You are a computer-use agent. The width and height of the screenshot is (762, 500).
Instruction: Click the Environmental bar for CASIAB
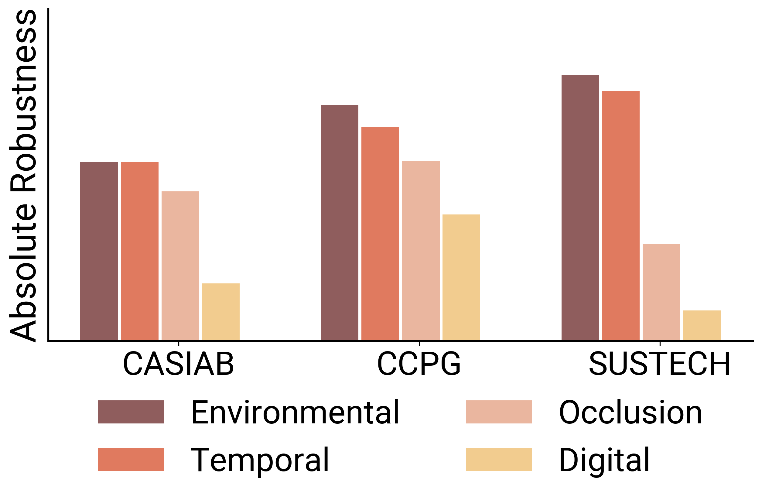tap(99, 251)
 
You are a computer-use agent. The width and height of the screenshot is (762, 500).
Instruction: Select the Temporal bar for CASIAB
tap(140, 251)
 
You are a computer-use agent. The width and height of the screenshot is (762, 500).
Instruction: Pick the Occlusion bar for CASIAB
tap(180, 265)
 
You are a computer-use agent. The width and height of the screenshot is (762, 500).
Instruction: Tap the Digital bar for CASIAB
tap(220, 312)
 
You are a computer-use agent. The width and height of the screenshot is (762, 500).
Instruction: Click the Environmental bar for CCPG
tap(339, 222)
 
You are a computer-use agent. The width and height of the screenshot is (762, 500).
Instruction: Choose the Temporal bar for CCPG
tap(380, 233)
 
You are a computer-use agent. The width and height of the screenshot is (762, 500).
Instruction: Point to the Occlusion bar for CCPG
tap(421, 250)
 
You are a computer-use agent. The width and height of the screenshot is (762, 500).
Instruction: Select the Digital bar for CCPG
tap(461, 277)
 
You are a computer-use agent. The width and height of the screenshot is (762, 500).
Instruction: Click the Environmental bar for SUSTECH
tap(580, 207)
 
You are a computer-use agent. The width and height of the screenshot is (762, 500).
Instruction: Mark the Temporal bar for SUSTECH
tap(620, 215)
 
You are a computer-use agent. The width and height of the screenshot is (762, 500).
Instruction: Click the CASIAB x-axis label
tap(178, 364)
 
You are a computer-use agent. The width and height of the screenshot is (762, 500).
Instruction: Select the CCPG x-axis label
tap(419, 364)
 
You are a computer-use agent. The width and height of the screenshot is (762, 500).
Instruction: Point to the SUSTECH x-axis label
tap(660, 364)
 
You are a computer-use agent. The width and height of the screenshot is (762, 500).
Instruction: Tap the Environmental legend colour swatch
tap(131, 412)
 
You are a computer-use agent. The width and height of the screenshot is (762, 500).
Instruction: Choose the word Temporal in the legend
tap(260, 460)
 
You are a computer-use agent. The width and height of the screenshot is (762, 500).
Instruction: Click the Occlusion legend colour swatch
tap(498, 412)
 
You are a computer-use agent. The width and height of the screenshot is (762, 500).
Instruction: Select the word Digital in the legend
tap(604, 460)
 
